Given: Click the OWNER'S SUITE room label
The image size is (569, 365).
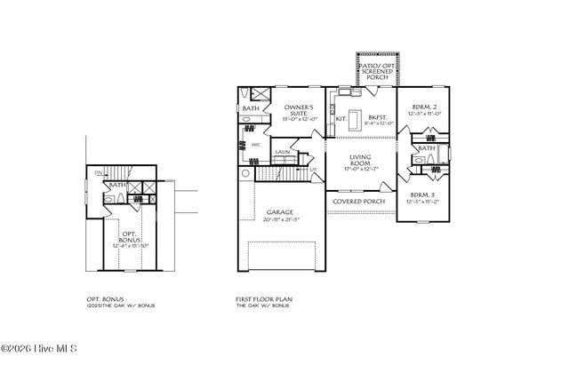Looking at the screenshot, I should [x=300, y=107].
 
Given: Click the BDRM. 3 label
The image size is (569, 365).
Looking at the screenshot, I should [x=421, y=194].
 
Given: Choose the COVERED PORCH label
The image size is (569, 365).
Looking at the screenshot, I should [x=358, y=201].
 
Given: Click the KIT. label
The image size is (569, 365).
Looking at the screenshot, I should [x=340, y=117].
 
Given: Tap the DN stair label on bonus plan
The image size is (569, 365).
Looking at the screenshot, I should [x=100, y=172].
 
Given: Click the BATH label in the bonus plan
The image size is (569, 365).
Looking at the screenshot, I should [x=116, y=185].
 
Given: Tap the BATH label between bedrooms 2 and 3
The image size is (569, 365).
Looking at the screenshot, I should [x=426, y=148].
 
